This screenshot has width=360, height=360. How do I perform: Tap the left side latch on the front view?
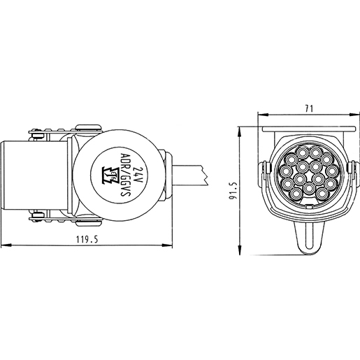pos(266,175)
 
